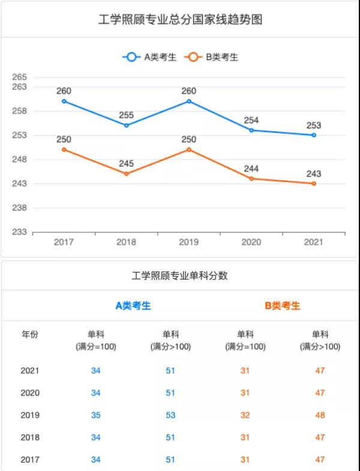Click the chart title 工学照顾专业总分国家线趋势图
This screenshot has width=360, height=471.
pos(180,20)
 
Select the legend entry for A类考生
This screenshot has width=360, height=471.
pos(150,57)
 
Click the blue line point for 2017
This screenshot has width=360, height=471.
pos(64,101)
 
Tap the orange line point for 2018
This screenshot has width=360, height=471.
pos(127,174)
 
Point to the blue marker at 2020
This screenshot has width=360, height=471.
pos(251,130)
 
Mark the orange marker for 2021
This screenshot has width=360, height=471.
pos(314,184)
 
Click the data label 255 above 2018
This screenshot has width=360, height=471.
pos(127,115)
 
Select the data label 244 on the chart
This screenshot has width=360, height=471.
pos(251,169)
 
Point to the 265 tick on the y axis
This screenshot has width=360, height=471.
pos(20,77)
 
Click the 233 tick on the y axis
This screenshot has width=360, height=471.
pos(20,232)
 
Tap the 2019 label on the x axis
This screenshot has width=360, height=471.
pos(189,242)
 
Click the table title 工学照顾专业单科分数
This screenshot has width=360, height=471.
pos(180,276)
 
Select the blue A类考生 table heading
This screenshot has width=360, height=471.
pos(133,305)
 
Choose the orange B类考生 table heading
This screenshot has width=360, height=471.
pos(283,305)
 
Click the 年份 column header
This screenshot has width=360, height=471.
pos(30,335)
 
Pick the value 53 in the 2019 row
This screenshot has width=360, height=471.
pos(170,415)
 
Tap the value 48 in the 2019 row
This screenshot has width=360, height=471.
pos(320,415)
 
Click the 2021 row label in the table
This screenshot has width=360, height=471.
pos(30,370)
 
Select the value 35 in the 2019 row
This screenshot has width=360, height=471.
pos(96,415)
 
